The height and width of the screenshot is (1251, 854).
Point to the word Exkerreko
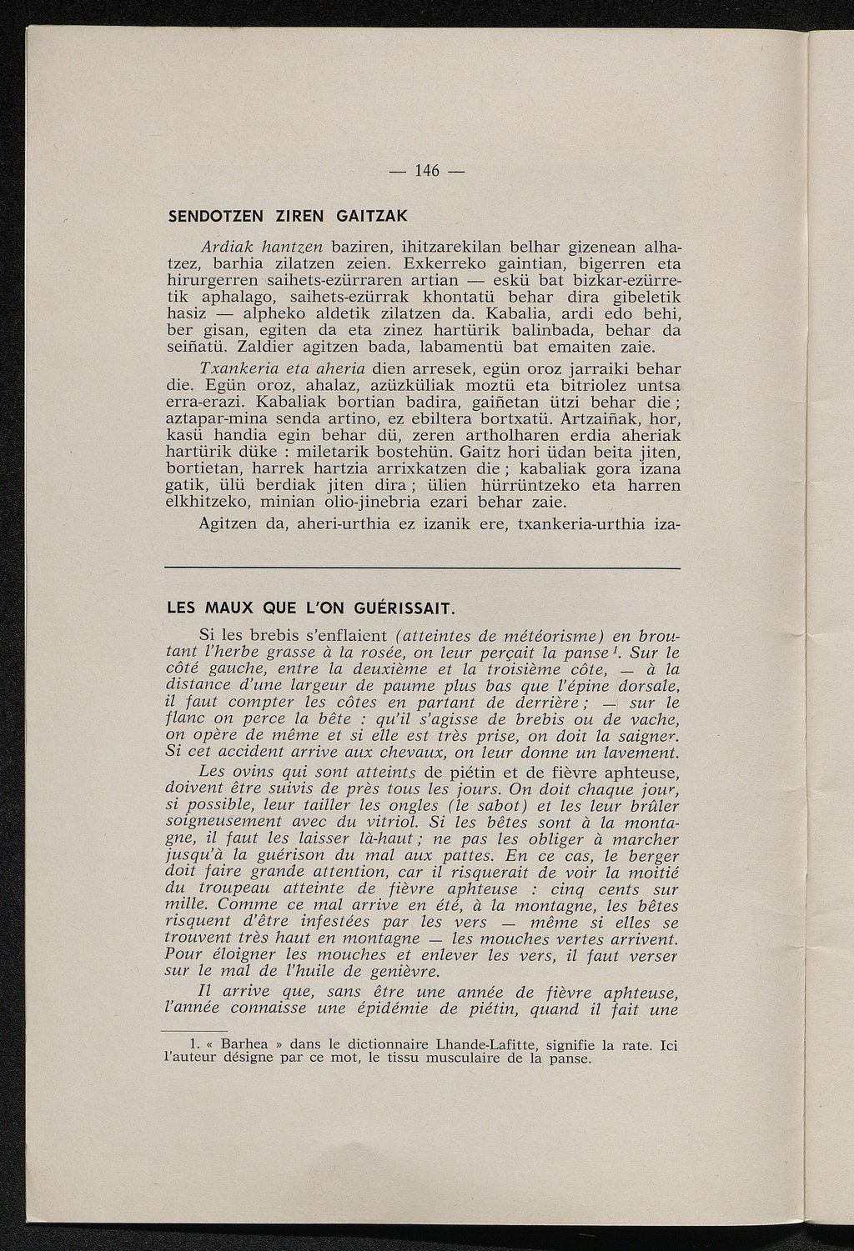coord(465,263)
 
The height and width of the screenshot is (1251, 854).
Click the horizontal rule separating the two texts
coord(423,568)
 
